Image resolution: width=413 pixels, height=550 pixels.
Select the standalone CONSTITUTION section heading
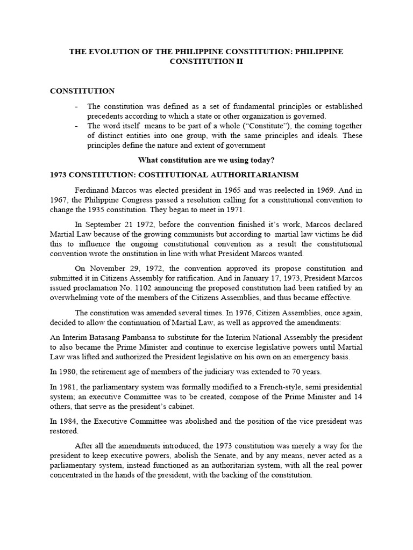click(x=82, y=91)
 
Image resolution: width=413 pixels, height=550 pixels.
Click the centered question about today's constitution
click(x=206, y=160)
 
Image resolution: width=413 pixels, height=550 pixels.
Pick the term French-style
click(x=268, y=387)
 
